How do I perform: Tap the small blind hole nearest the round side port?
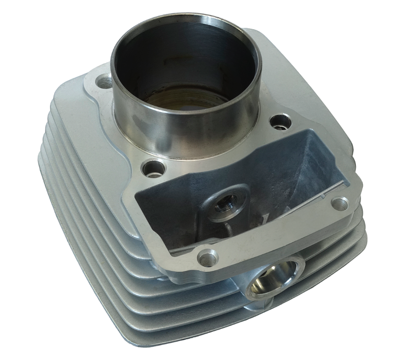click(208, 257)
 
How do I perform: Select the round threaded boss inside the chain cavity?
click(224, 205)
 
